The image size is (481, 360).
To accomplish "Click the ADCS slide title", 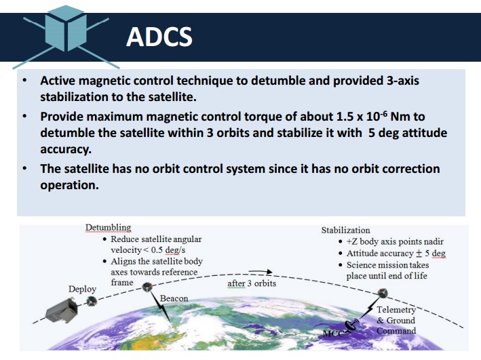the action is (x=159, y=37).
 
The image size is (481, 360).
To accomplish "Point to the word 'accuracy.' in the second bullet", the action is (x=66, y=149).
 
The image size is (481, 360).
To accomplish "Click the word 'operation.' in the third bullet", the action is (x=69, y=185).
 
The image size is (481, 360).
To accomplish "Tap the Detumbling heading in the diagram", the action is (x=108, y=228).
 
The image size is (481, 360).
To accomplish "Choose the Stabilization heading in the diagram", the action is (x=345, y=231).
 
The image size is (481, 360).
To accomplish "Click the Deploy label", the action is (x=82, y=289).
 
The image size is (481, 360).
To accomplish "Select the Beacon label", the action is (x=174, y=298).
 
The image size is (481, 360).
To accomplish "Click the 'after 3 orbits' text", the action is (x=252, y=283).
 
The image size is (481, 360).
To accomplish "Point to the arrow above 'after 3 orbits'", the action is (x=260, y=271).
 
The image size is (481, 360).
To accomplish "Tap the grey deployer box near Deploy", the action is (x=62, y=310).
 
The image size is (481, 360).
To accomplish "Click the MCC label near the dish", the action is (x=332, y=334).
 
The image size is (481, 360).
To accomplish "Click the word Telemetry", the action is (x=396, y=310).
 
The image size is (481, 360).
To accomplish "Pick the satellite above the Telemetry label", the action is (x=382, y=293).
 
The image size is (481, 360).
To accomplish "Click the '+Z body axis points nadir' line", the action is (x=395, y=241).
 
